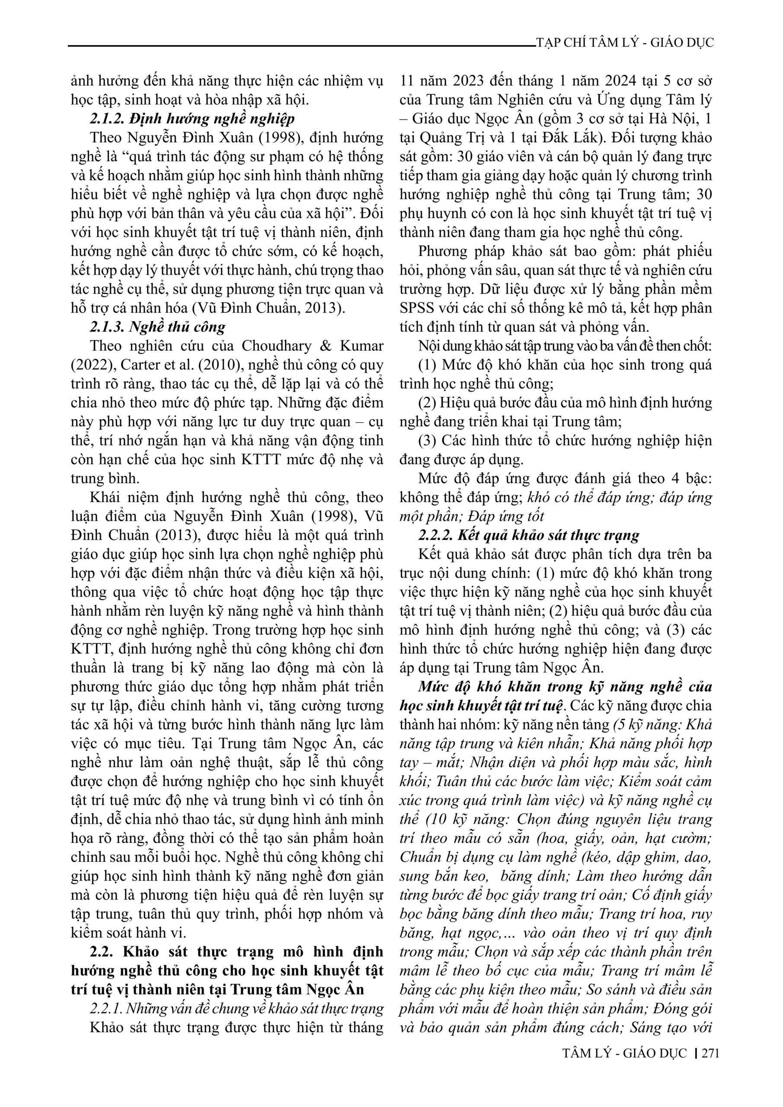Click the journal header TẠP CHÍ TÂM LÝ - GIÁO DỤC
[624, 42]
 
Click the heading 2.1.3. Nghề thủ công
[158, 327]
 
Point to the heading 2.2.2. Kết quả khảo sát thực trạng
[529, 535]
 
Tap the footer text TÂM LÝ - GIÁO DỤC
[624, 1066]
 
